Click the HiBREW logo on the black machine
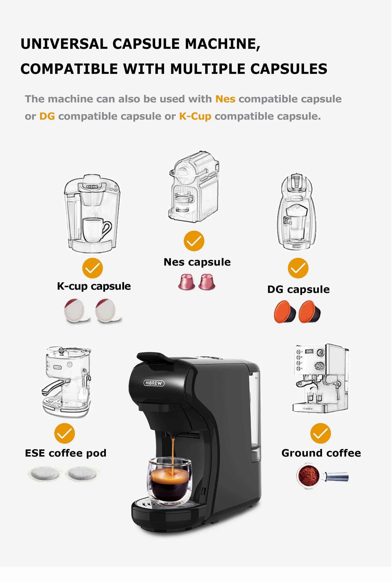[x=154, y=383]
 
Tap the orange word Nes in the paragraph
[x=225, y=99]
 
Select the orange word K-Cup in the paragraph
[x=195, y=116]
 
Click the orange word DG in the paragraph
[x=47, y=116]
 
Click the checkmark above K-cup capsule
[x=93, y=268]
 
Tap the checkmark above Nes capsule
[x=194, y=241]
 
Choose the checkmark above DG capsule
[x=298, y=268]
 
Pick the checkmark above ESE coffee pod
[x=64, y=433]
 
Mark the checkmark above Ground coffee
[x=320, y=433]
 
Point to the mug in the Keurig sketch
[x=95, y=230]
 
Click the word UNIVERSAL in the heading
[x=64, y=44]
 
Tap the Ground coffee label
[x=321, y=453]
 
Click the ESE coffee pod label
[x=65, y=453]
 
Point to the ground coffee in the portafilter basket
[x=308, y=476]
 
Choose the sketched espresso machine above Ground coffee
[x=320, y=379]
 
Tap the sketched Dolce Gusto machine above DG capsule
[x=297, y=212]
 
